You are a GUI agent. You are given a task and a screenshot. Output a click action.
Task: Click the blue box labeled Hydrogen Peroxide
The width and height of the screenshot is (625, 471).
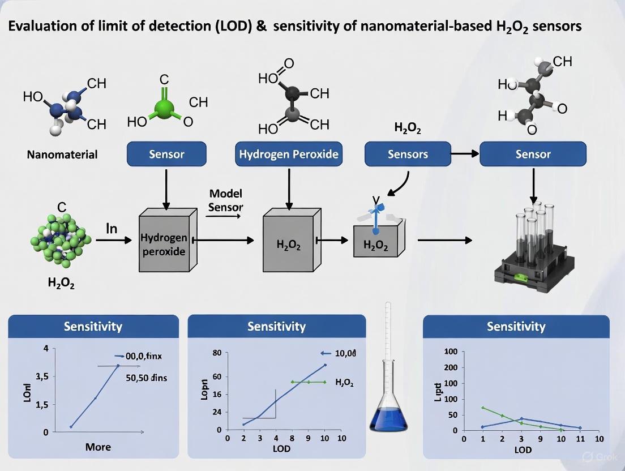(x=289, y=154)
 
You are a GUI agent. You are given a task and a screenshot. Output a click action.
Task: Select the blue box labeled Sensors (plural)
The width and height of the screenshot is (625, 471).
(x=408, y=154)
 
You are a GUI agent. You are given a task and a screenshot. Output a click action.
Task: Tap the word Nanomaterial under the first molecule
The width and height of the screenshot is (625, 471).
(x=62, y=154)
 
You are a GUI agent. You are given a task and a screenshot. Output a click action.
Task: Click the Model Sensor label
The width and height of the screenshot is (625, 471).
(x=225, y=200)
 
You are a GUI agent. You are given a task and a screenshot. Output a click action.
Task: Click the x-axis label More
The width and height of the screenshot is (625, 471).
(x=98, y=447)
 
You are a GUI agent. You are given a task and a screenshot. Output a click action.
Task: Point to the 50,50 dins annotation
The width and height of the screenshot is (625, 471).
(x=146, y=378)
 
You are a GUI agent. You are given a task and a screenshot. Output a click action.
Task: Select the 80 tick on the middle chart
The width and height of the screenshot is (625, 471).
(x=216, y=353)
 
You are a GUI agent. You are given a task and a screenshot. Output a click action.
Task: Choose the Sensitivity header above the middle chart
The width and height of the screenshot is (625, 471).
(x=276, y=327)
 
